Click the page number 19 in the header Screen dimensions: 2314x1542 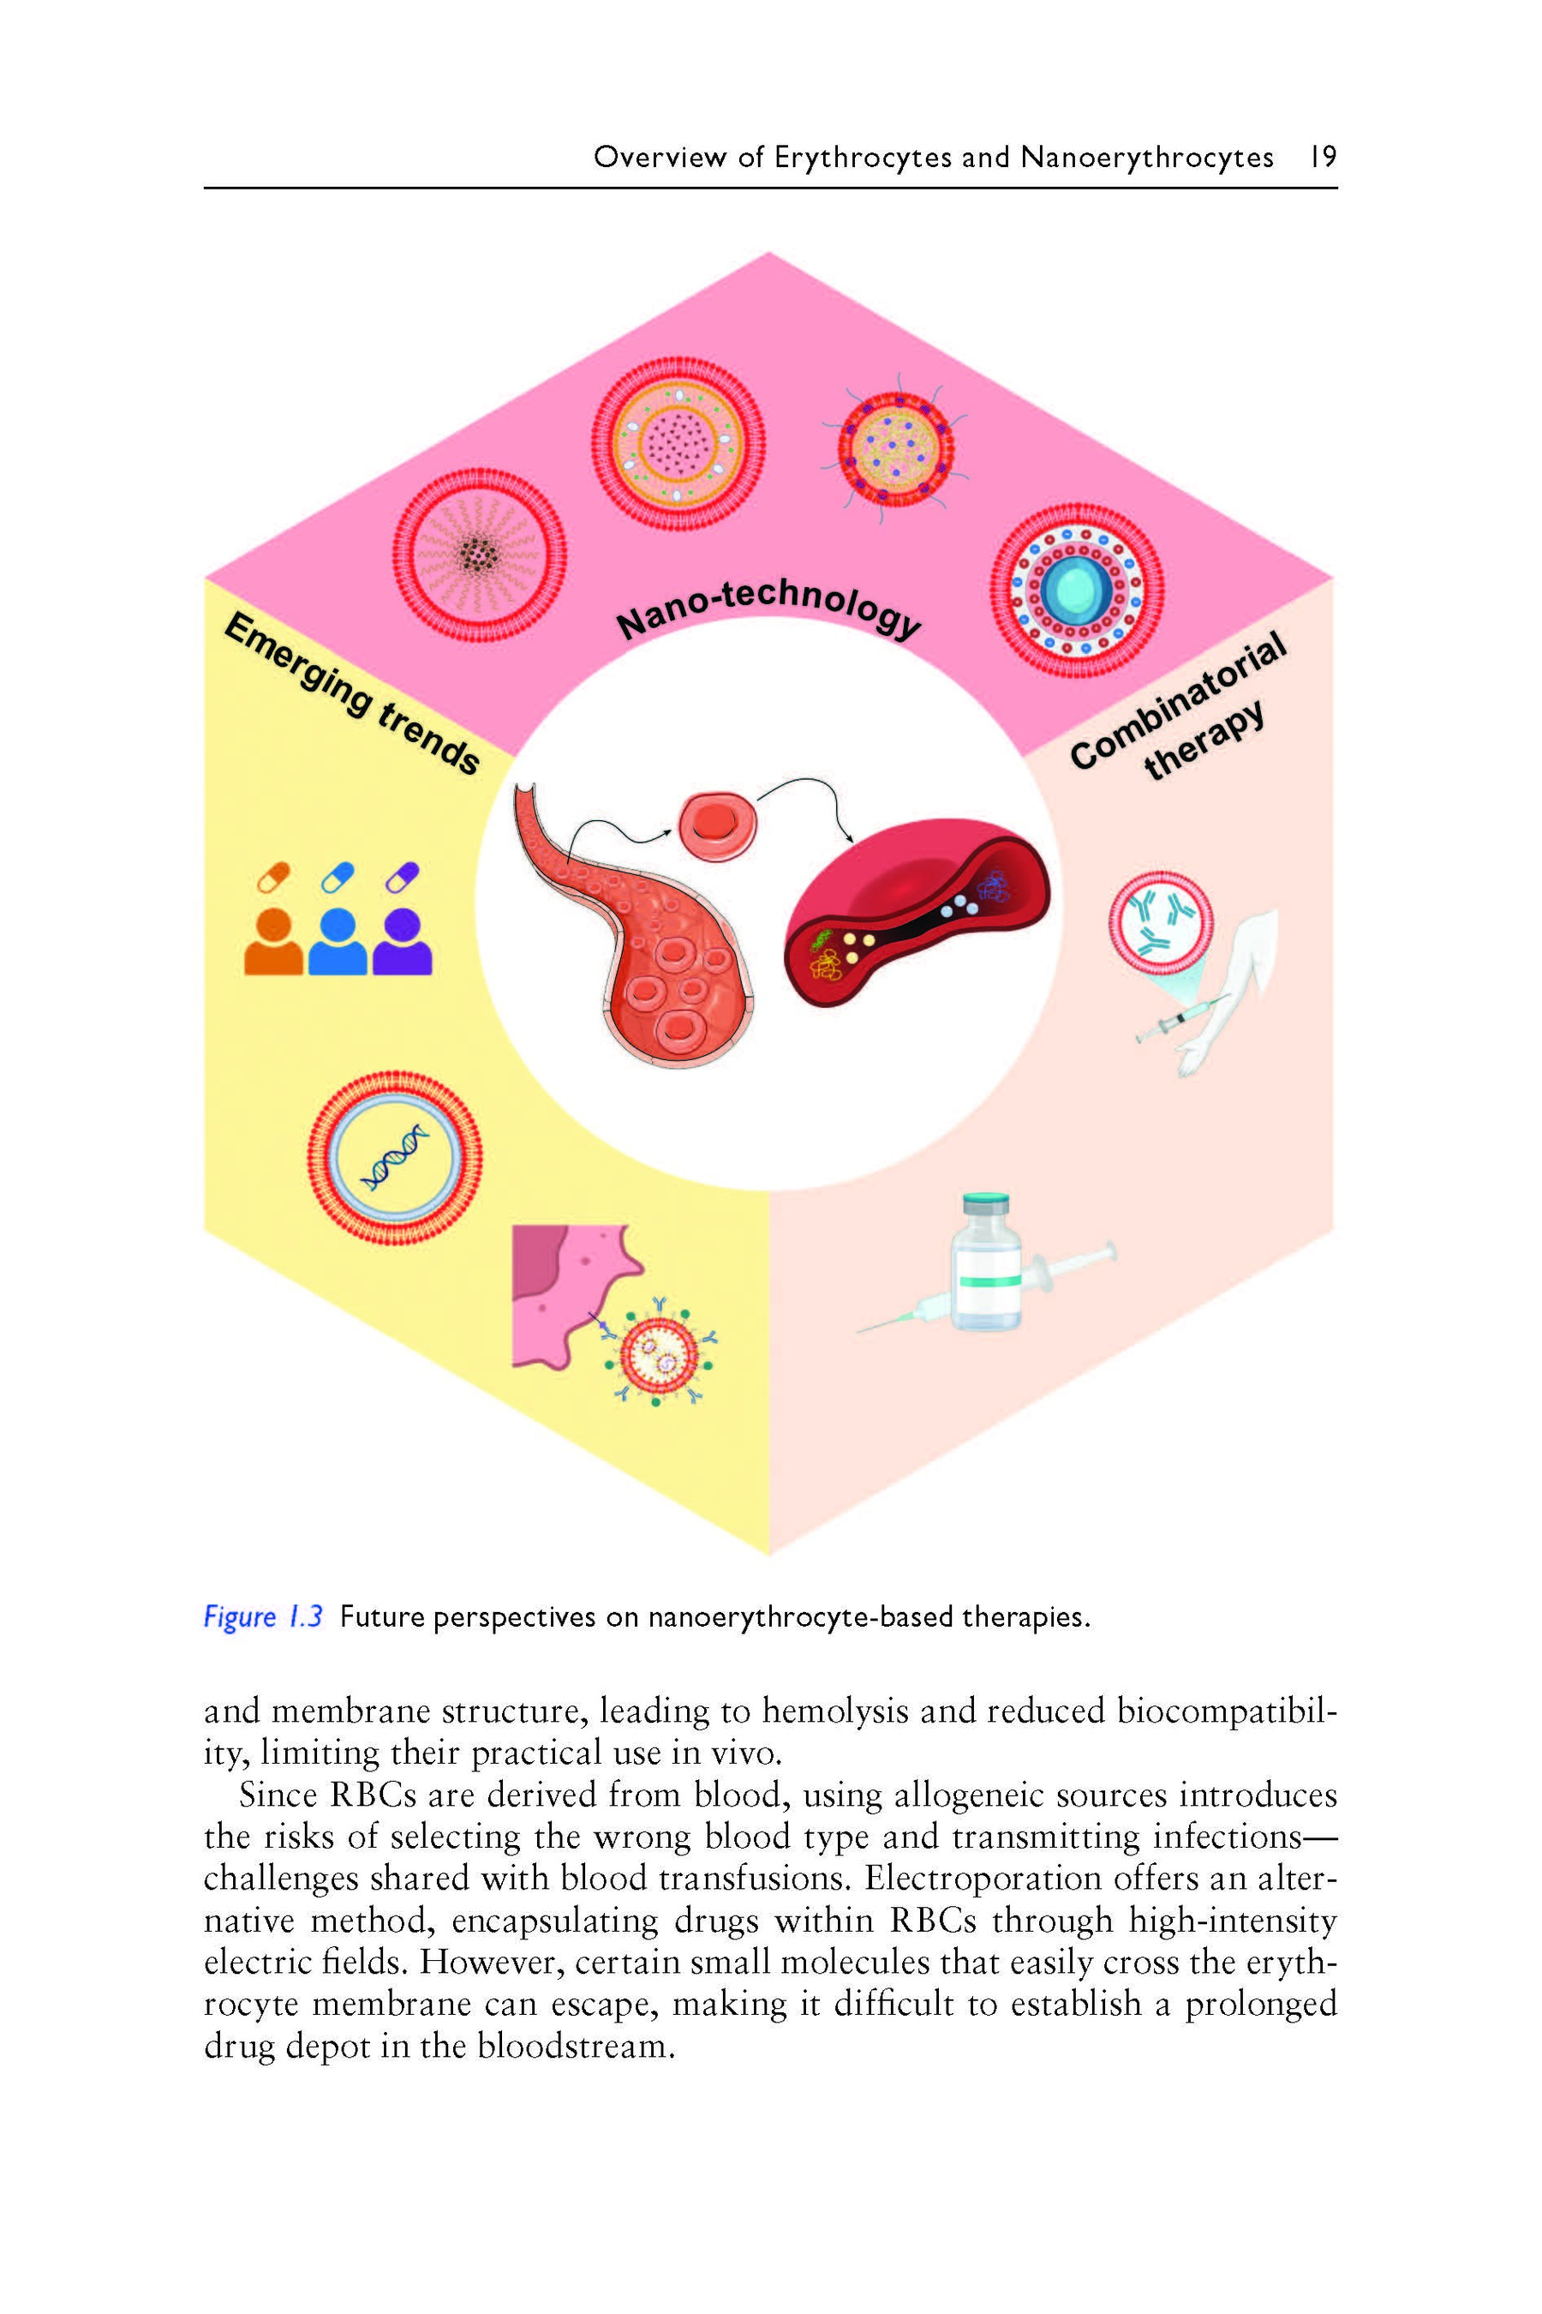coord(1323,157)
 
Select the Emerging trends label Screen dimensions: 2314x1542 coord(352,693)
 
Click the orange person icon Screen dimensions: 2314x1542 coord(273,942)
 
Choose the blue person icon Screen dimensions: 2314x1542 coord(338,942)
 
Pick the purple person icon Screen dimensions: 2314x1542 coord(403,942)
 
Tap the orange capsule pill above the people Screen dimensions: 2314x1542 coord(273,876)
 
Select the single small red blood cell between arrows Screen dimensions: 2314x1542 coord(717,824)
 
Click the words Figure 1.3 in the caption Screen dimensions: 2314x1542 coord(263,1616)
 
